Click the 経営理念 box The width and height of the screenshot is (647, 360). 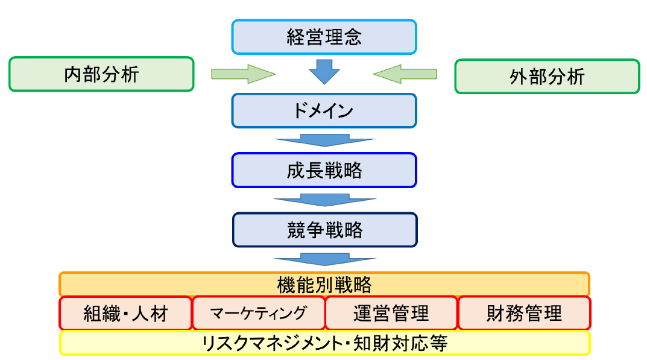click(x=324, y=37)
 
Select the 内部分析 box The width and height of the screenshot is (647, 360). click(x=101, y=74)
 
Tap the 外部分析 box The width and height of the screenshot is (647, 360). click(x=547, y=76)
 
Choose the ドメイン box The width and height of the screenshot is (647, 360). click(x=324, y=110)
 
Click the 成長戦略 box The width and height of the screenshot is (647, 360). click(x=324, y=170)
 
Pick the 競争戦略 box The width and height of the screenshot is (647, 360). click(x=324, y=230)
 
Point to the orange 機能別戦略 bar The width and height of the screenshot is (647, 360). click(x=324, y=283)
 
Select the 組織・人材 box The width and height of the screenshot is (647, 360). click(x=125, y=313)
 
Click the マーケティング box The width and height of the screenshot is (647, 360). click(x=259, y=313)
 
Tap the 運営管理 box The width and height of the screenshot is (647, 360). click(x=391, y=313)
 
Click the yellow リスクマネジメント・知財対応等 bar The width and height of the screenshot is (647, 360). click(x=324, y=343)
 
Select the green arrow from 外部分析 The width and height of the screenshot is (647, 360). click(x=405, y=74)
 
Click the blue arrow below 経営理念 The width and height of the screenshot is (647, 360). click(x=324, y=71)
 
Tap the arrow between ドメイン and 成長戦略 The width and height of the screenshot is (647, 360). click(x=324, y=140)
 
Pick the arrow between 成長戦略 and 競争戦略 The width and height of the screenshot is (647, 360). click(x=324, y=200)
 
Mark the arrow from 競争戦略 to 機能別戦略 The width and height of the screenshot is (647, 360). click(x=324, y=259)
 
